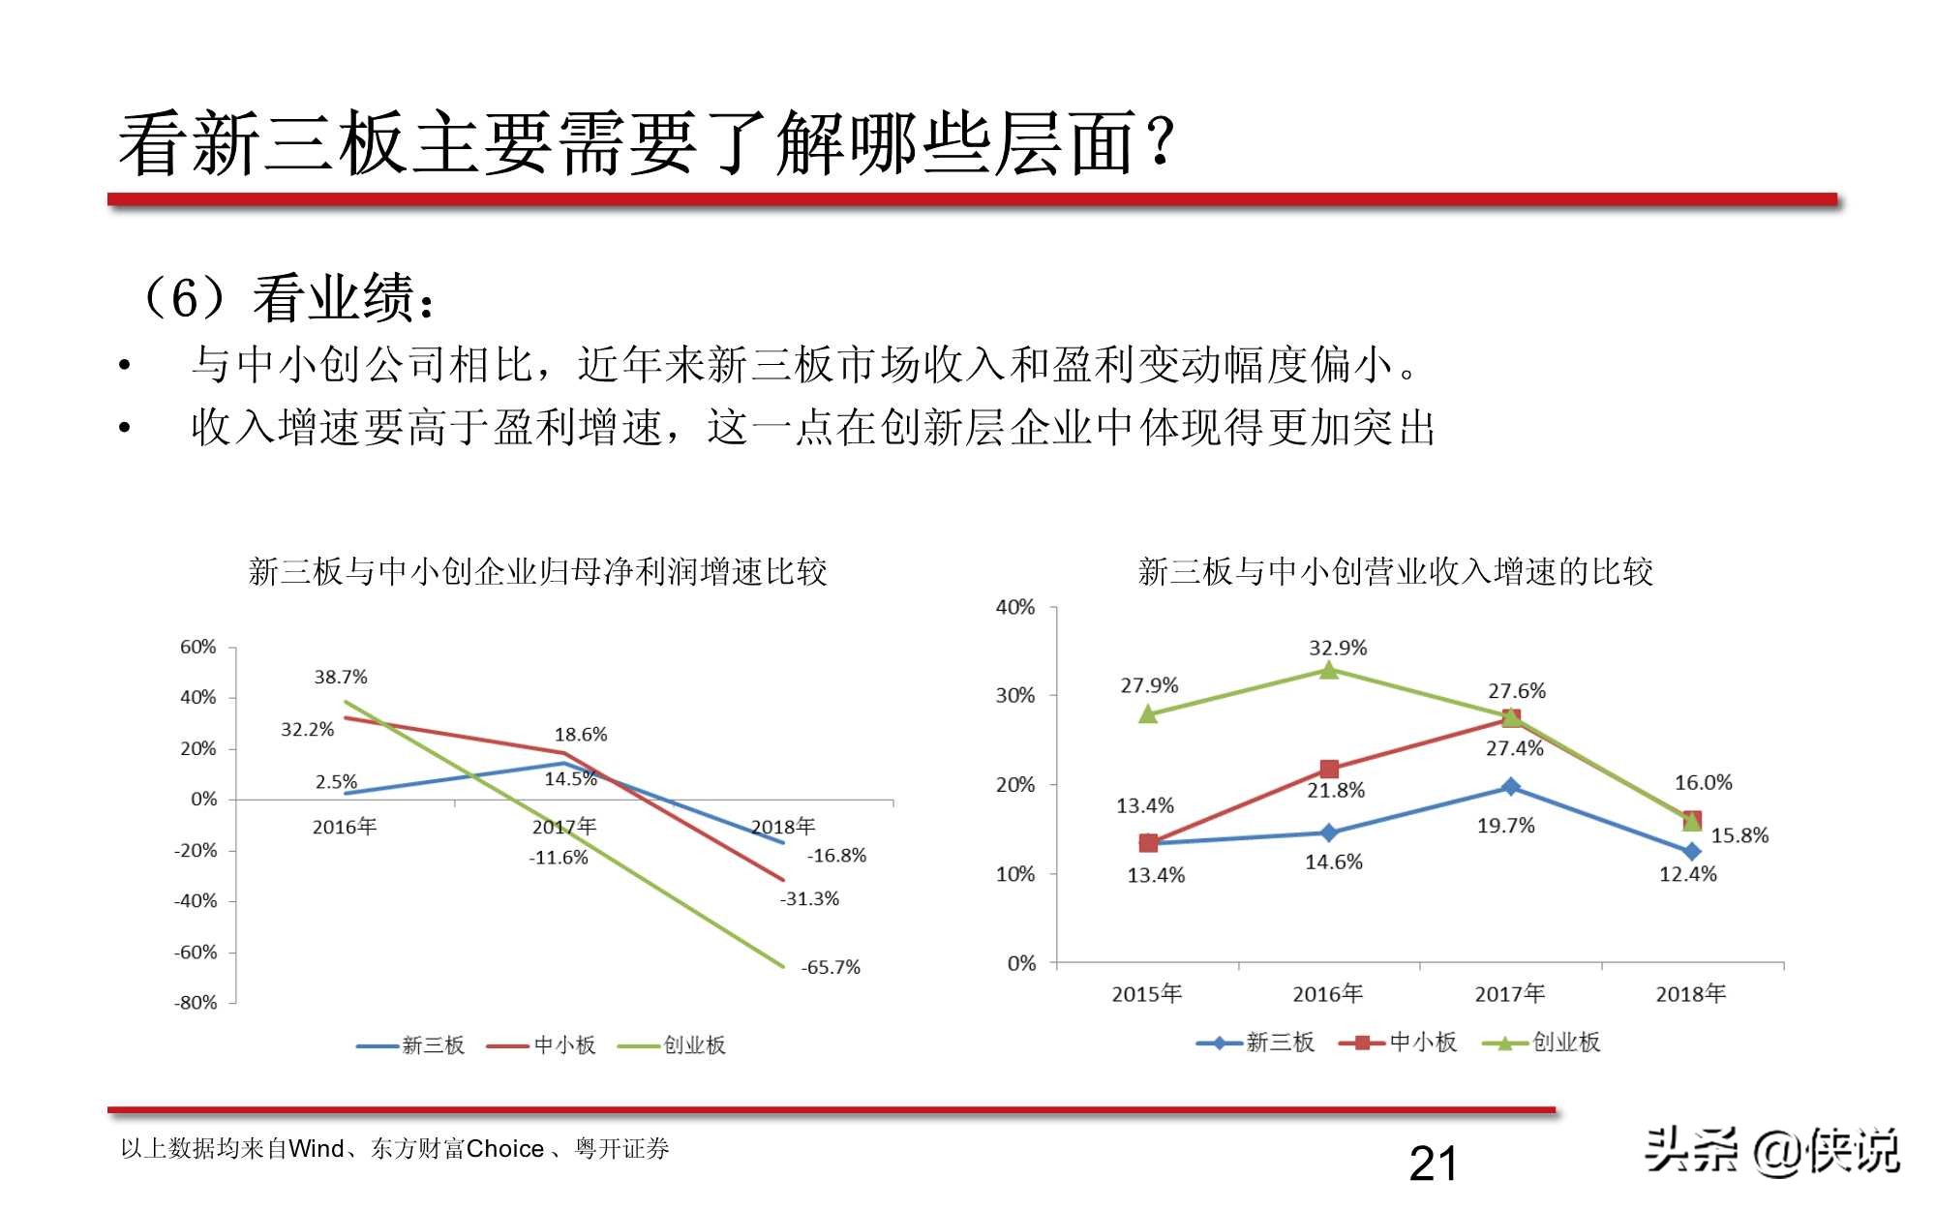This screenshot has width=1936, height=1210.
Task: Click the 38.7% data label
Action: (x=340, y=677)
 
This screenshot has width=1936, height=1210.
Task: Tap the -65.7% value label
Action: (x=831, y=967)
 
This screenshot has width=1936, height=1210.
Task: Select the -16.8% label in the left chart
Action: (x=836, y=856)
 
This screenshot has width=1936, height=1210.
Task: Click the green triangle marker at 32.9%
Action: (x=1329, y=670)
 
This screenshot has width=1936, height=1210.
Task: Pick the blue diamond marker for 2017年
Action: (x=1510, y=787)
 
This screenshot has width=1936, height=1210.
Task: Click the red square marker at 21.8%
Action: (x=1329, y=770)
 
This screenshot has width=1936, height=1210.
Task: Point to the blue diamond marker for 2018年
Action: (x=1691, y=852)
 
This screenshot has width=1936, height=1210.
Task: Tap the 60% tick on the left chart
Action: (x=197, y=647)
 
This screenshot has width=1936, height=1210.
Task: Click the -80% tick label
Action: (x=196, y=1003)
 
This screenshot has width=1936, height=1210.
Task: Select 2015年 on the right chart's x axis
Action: (x=1146, y=994)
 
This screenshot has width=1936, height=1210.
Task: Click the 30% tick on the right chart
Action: (x=1014, y=695)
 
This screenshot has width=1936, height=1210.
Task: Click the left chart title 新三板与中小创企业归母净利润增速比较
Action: (x=537, y=572)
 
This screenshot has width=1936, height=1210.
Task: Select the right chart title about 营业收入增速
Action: (x=1395, y=572)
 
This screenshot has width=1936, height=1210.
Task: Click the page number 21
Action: (x=1433, y=1164)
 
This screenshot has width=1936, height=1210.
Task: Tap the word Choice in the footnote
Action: (x=504, y=1149)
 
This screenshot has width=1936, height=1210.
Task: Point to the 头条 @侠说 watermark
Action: (x=1771, y=1152)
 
